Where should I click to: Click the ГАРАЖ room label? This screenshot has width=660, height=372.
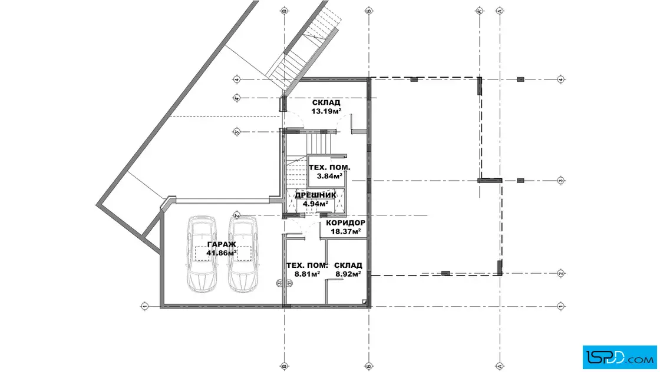pos(222,245)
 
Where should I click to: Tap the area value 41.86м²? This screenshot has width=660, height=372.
pos(222,253)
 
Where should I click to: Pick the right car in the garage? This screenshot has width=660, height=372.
pos(243,254)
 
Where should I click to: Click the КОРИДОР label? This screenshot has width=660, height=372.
pos(345,222)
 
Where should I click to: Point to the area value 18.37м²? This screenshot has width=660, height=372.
pos(345,231)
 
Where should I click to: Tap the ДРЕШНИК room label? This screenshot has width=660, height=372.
pos(315,195)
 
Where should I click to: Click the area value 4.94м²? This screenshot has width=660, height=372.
pos(315,204)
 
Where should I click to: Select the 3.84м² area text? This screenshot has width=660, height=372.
pos(329,176)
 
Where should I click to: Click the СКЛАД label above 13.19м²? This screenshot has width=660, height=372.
pos(326,102)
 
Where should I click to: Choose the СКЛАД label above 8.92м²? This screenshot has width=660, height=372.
pos(348,265)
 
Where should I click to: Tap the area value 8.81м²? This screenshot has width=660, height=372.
pos(307,274)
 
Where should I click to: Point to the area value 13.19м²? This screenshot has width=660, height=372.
pos(326,111)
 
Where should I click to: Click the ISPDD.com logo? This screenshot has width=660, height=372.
pos(619,357)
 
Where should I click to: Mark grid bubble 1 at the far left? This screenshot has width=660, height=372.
pos(145,306)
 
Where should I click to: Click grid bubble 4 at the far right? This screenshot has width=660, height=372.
pos(560,79)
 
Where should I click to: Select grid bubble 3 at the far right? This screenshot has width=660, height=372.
pos(560,181)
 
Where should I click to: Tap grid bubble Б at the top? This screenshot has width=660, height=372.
pos(369,11)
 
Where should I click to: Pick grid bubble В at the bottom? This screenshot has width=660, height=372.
pos(284,367)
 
